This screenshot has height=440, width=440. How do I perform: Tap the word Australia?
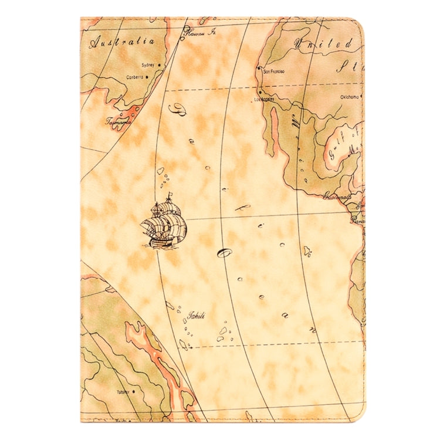pyautogui.click(x=122, y=42)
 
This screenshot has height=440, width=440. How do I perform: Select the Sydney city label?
pyautogui.click(x=148, y=65)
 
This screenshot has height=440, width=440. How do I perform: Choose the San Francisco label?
pyautogui.click(x=274, y=71)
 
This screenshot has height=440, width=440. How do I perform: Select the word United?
pyautogui.click(x=332, y=43)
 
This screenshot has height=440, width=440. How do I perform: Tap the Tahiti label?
pyautogui.click(x=195, y=316)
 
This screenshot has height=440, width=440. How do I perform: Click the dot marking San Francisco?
pyautogui.click(x=259, y=69)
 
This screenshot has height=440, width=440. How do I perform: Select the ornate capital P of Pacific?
pyautogui.click(x=175, y=108)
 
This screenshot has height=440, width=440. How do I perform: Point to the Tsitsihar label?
pyautogui.click(x=123, y=392)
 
